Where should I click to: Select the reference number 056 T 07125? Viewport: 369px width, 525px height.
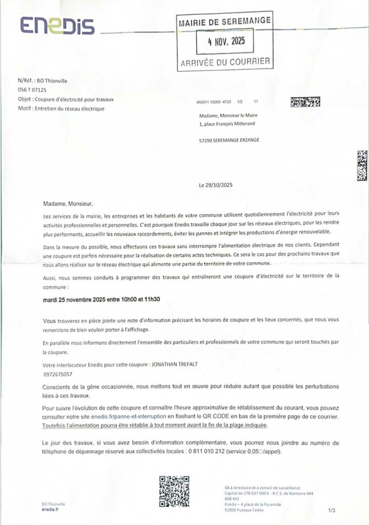coord(32,89)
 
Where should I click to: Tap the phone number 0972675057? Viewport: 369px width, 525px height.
coord(57,374)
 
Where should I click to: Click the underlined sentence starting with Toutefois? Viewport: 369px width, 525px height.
coord(155,426)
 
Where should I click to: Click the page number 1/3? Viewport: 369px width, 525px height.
coord(331,511)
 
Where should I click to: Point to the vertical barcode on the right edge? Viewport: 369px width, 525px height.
coord(362,166)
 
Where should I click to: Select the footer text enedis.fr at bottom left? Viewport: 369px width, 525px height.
coord(50,510)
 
